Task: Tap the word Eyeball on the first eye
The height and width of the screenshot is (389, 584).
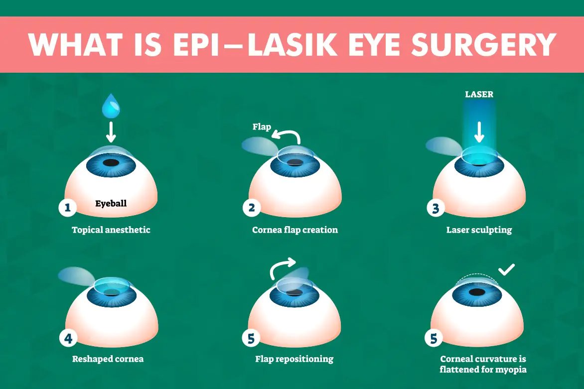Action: point(111,203)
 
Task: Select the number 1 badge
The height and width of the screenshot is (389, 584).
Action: point(67,207)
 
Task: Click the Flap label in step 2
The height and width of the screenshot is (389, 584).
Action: point(262,127)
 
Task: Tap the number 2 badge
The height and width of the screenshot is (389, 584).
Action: point(252,207)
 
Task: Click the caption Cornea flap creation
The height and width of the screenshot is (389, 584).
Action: point(295,230)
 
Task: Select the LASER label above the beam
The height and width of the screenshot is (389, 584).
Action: point(479,94)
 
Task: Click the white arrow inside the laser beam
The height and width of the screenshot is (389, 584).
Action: point(479,132)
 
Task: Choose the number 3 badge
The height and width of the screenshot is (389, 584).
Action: point(436,208)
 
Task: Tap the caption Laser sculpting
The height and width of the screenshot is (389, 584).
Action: point(479,230)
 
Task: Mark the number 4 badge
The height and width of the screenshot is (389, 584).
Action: point(68,338)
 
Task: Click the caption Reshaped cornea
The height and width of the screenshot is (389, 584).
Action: point(108,359)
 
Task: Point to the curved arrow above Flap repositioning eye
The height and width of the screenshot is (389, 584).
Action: point(282,266)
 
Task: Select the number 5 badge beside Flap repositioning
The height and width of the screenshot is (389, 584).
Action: point(251,338)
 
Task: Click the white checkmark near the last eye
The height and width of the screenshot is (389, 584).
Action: point(507,269)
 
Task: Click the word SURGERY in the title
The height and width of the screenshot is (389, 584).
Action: point(484,45)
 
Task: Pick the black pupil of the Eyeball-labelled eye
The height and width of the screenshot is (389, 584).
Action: point(111,163)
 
